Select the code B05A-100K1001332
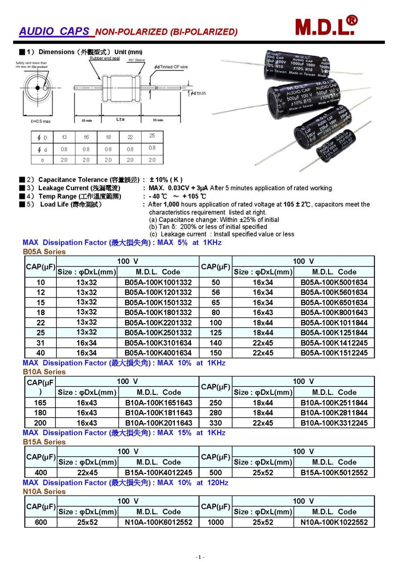pos(158,282)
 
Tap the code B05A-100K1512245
pos(334,353)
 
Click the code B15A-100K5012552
pos(334,473)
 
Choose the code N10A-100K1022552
pos(334,522)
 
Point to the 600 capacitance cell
pos(41,522)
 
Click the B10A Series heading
pos(44,372)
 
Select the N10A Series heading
pos(44,492)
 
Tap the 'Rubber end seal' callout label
pos(105,59)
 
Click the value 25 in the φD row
pos(152,135)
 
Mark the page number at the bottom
pos(199,557)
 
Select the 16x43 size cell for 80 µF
pos(263,312)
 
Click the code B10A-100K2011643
pos(158,423)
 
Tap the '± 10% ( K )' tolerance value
pos(165,180)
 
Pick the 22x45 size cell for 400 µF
pos(87,473)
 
